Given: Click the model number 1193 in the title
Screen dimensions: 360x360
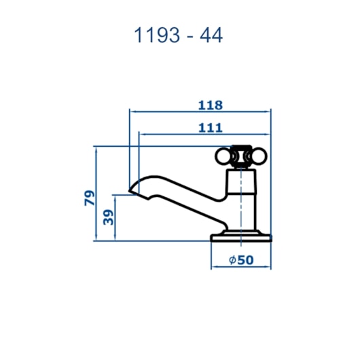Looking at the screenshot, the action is [x=157, y=35].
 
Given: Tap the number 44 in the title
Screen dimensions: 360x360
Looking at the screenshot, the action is [x=211, y=35].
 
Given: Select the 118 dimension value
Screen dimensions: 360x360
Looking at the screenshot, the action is [x=211, y=105].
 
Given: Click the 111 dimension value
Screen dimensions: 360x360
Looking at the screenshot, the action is [x=211, y=128].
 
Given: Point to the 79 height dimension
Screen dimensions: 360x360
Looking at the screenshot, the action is [x=90, y=198].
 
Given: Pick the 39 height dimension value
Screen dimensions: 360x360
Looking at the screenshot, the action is [x=108, y=217].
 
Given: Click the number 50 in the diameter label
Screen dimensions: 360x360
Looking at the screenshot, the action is [x=245, y=260].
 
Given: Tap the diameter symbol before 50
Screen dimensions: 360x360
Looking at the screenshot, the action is [x=232, y=260].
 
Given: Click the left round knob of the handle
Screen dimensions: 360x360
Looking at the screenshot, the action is [x=223, y=156].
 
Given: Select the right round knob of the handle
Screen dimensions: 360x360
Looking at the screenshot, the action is [x=259, y=156].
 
